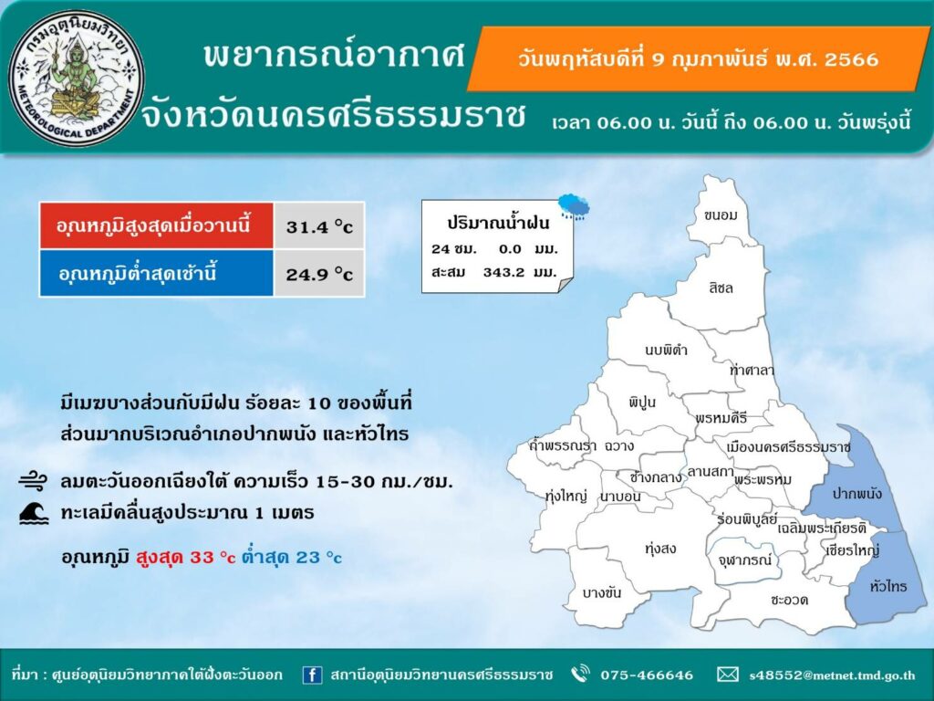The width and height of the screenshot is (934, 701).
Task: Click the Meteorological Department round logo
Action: click(77, 78)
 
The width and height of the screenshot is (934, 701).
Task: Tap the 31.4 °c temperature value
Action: click(319, 226)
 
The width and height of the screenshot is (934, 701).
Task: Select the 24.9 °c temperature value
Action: click(319, 274)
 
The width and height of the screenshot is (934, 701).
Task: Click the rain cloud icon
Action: click(574, 206)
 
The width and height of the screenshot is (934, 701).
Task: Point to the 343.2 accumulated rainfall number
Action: click(503, 272)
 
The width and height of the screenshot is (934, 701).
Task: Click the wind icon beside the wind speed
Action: click(33, 480)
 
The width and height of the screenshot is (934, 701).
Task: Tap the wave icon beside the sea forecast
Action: click(34, 513)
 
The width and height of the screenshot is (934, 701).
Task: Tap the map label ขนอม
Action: click(720, 215)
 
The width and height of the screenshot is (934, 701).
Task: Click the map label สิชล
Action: click(721, 288)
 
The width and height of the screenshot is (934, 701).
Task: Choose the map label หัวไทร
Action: click(888, 587)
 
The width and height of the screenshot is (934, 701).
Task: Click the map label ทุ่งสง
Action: click(660, 549)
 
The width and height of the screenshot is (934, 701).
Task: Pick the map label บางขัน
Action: click(602, 592)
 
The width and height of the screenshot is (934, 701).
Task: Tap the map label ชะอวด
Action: click(789, 600)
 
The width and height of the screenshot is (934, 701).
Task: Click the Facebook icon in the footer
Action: click(312, 675)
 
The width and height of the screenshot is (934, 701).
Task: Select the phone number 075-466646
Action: click(647, 675)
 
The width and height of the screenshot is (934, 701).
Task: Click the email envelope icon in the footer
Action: click(727, 675)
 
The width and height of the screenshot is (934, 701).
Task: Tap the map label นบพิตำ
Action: click(666, 350)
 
